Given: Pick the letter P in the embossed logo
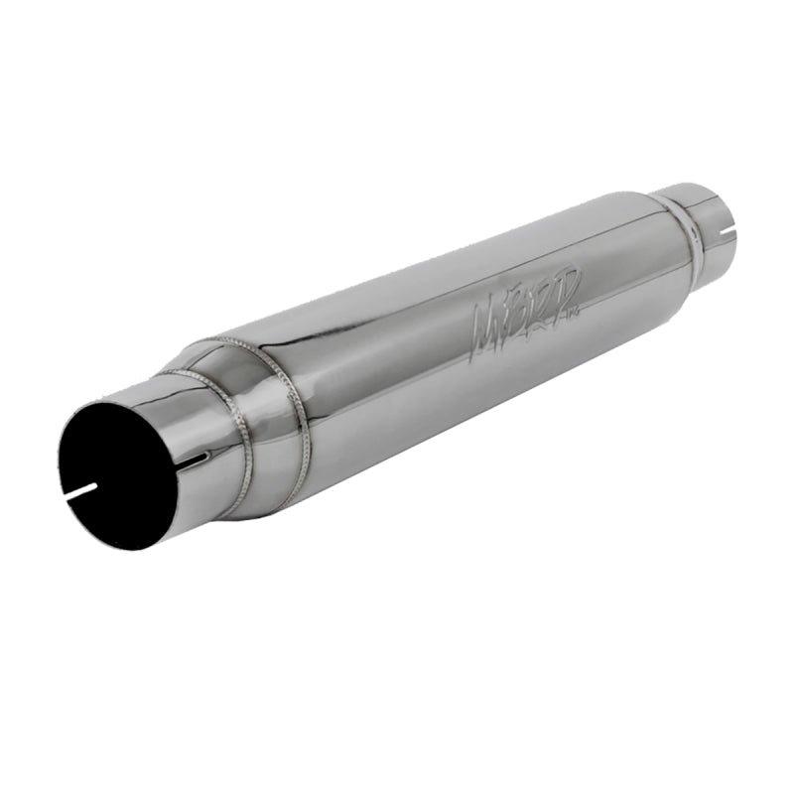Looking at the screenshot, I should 570,289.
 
